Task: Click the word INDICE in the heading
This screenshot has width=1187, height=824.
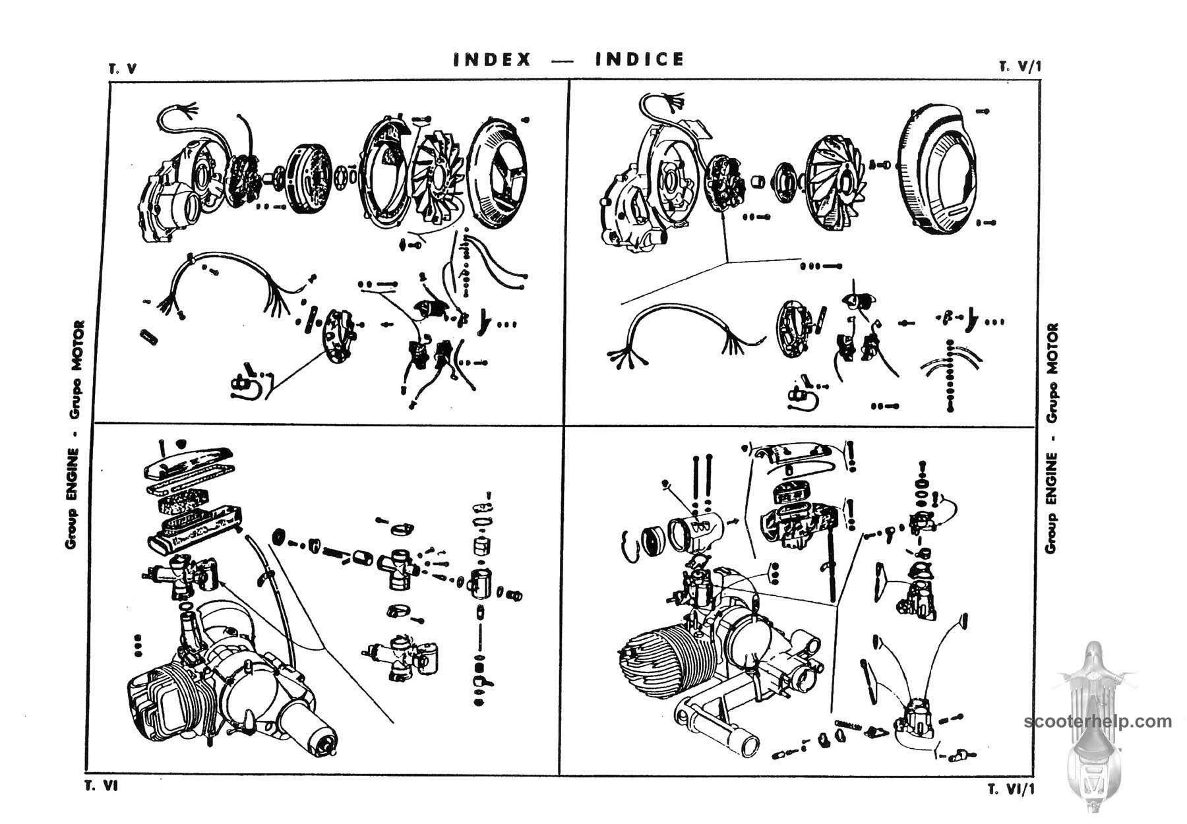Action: coord(640,60)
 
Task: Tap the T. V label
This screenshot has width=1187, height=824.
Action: coord(123,69)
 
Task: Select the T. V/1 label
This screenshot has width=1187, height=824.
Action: coord(1020,67)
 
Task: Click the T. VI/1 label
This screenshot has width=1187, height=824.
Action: coord(1012,789)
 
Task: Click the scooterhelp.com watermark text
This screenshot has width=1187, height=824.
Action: coord(1098,721)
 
